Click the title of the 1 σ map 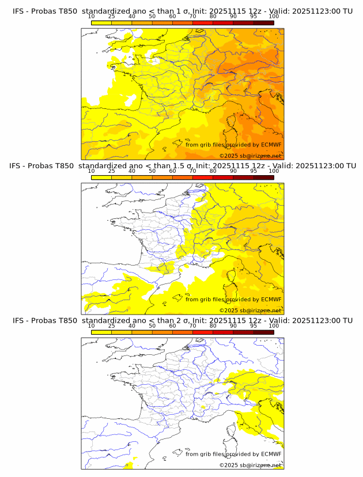point(182,11)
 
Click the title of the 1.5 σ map point(182,166)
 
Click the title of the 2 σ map point(182,320)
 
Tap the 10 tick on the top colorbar point(91,16)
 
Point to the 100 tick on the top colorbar point(274,16)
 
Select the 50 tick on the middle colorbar point(152,171)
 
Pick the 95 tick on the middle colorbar point(254,171)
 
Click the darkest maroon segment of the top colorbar point(263,22)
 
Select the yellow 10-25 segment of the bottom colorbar point(101,332)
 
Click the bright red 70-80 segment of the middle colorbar point(203,177)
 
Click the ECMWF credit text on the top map point(233,145)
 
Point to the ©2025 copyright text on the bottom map point(250,465)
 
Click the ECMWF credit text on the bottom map point(233,454)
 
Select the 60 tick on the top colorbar point(172,16)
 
